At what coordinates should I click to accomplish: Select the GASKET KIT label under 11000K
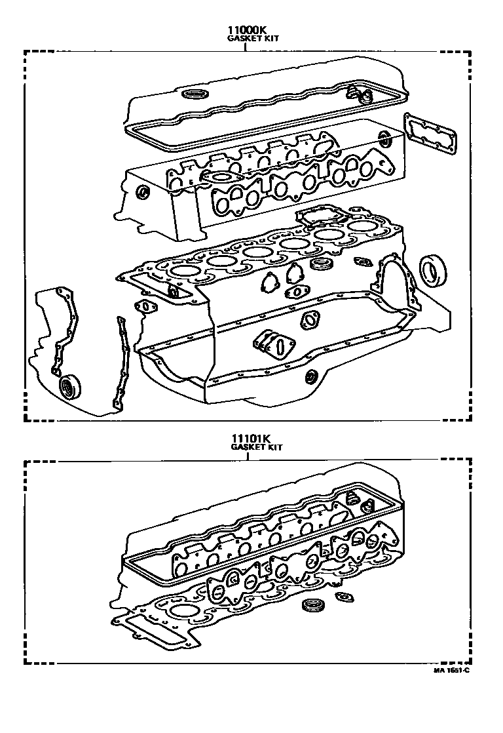(x=253, y=39)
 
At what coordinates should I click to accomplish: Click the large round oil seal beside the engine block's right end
(x=431, y=270)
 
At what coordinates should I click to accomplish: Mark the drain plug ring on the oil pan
(x=312, y=376)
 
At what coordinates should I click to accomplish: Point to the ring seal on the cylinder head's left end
(x=140, y=191)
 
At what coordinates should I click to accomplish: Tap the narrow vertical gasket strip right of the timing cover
(x=119, y=364)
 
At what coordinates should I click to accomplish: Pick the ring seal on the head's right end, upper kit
(x=385, y=138)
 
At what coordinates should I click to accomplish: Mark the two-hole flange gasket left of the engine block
(x=142, y=306)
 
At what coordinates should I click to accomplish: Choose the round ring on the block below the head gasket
(x=321, y=264)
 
